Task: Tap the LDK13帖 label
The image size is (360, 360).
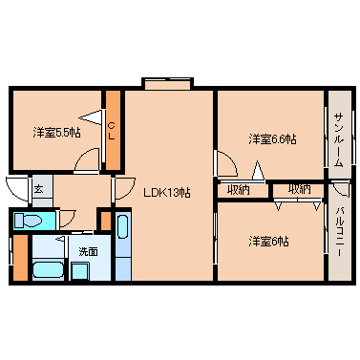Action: (167, 192)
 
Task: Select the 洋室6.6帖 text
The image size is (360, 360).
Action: (272, 139)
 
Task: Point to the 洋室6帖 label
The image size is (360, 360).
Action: (269, 241)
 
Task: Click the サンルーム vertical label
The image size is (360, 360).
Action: (339, 139)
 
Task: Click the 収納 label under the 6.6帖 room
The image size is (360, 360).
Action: (239, 190)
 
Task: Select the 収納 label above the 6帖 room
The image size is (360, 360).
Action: (299, 190)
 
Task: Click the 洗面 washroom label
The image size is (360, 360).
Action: (88, 251)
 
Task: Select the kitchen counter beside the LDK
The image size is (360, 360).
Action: (122, 244)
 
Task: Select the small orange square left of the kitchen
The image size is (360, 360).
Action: (104, 218)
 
